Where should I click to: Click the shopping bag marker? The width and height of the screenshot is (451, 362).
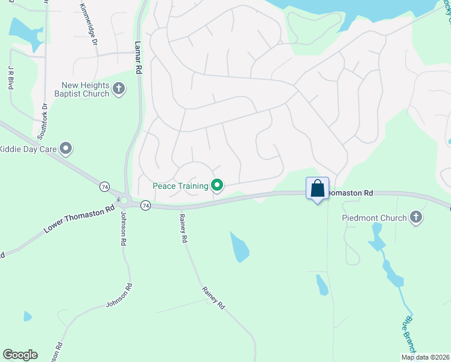(318, 189)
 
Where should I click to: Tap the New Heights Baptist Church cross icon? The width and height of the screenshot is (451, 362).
(119, 89)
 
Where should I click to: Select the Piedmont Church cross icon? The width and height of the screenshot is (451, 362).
(415, 217)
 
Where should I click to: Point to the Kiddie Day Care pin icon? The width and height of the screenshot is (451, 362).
(66, 148)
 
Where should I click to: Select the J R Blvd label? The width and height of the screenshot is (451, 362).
(11, 78)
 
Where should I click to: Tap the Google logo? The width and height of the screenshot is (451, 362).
(20, 355)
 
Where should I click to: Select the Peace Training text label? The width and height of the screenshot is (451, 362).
(180, 186)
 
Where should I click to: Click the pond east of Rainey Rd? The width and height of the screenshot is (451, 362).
(240, 247)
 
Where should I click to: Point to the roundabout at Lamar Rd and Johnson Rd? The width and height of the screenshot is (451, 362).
(124, 200)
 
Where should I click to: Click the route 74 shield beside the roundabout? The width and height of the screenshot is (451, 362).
(145, 206)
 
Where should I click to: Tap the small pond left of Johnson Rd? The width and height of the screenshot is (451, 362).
(27, 316)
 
